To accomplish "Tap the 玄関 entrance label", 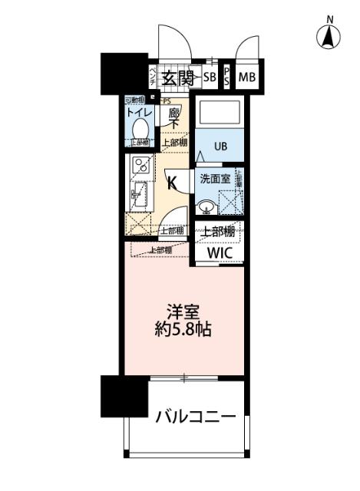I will coord(180,77).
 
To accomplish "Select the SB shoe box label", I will coord(210,77).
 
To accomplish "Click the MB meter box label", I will coord(246,77).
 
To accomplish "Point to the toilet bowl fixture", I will coord(140,127).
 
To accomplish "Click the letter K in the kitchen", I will coord(173,183).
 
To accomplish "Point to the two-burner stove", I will coord(140,164).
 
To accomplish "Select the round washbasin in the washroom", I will coord(206,206).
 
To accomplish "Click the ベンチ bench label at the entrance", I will coord(154,77).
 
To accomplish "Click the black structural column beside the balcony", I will coord(123,396).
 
